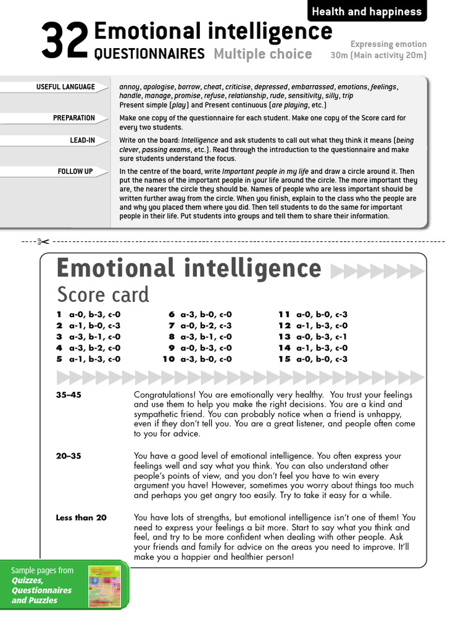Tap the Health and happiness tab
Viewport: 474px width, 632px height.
pyautogui.click(x=367, y=11)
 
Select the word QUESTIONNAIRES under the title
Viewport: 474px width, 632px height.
pyautogui.click(x=149, y=54)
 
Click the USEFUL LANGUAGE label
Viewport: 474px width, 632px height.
pyautogui.click(x=65, y=87)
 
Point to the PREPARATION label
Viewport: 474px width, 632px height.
pyautogui.click(x=74, y=118)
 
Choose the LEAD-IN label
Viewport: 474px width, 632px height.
pyautogui.click(x=82, y=140)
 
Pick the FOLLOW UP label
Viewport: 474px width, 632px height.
pyautogui.click(x=75, y=171)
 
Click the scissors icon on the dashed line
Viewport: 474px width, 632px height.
pyautogui.click(x=43, y=241)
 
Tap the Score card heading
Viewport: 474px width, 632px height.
pyautogui.click(x=103, y=294)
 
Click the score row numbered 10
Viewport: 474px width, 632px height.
pyautogui.click(x=197, y=359)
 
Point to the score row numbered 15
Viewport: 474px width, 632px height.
pyautogui.click(x=313, y=359)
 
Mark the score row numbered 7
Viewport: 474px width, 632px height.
pyautogui.click(x=200, y=326)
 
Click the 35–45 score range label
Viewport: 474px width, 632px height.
pyautogui.click(x=69, y=395)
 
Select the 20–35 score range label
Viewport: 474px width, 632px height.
pyautogui.click(x=69, y=456)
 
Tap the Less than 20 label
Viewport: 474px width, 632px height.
pyautogui.click(x=81, y=518)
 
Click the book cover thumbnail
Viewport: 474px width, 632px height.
pyautogui.click(x=105, y=587)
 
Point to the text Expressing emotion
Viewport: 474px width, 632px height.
pyautogui.click(x=388, y=44)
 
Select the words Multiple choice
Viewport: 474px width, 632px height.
pyautogui.click(x=263, y=54)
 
